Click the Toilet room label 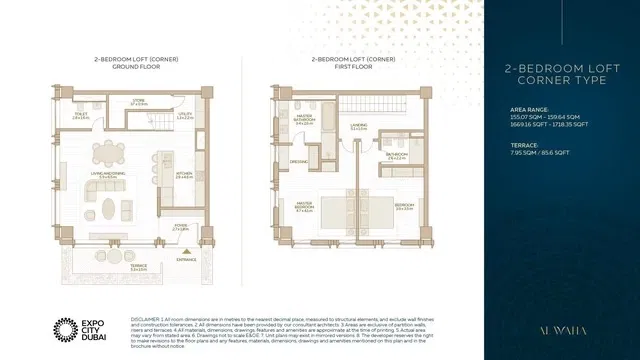[x=81, y=115]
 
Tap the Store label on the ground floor [x=139, y=102]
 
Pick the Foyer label [x=180, y=228]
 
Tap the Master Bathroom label [x=302, y=121]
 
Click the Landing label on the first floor [x=358, y=127]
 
